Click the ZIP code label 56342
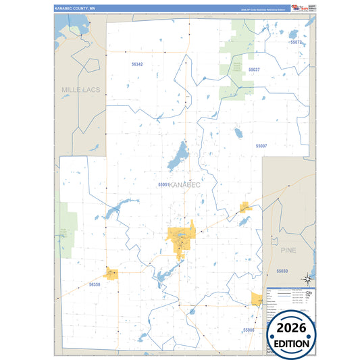[x=137, y=64]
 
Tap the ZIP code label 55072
[x=295, y=42]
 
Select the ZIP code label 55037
[x=254, y=70]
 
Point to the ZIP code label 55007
[x=261, y=146]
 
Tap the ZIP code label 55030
[x=282, y=271]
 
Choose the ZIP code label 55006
[x=249, y=330]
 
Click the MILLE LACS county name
[x=80, y=90]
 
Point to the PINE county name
[x=288, y=250]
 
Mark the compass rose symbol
[x=307, y=278]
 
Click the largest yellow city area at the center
[x=182, y=238]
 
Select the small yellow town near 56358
[x=111, y=274]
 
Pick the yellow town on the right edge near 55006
[x=256, y=299]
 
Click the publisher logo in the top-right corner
[x=298, y=7]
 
